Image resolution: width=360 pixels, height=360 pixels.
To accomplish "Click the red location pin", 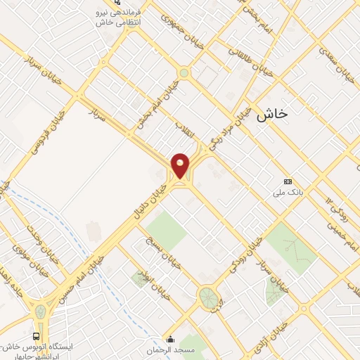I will (181, 165).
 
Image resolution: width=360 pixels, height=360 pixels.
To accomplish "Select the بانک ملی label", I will (287, 190).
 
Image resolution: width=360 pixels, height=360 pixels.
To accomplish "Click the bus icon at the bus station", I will (37, 336).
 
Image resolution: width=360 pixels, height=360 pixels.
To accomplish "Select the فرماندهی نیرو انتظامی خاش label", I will (125, 16).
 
